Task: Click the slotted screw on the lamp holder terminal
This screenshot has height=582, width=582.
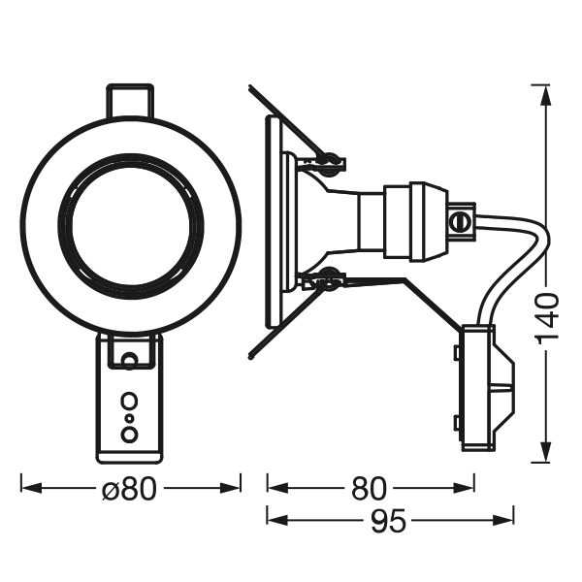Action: point(462,221)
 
